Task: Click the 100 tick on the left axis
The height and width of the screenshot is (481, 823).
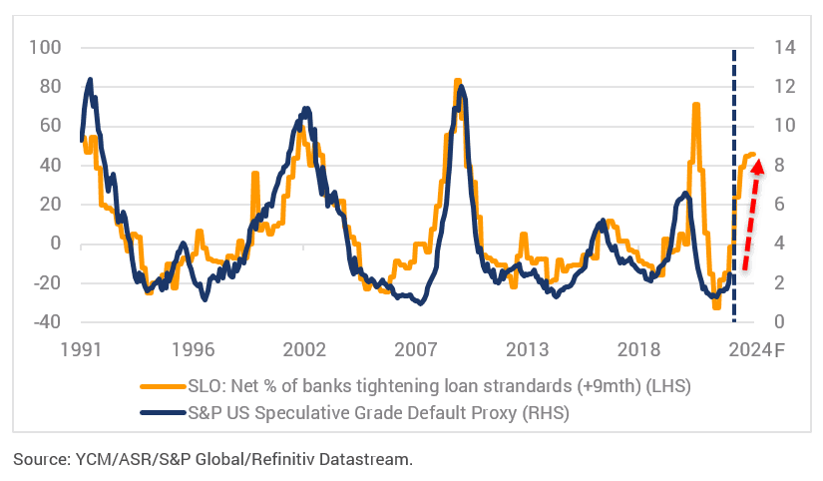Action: pos(46,47)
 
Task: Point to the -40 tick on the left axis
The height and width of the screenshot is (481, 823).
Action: pos(46,322)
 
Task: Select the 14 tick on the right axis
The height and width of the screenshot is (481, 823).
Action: pos(777,47)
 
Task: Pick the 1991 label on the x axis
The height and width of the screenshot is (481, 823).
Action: pos(81,350)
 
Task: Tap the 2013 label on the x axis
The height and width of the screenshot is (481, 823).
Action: pos(528,350)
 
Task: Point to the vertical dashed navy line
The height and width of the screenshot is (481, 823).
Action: pos(735,200)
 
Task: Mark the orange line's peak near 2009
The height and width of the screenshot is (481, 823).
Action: pos(457,81)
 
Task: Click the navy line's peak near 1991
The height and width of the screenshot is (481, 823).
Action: pos(91,79)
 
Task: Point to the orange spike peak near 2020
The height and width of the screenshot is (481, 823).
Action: pos(695,105)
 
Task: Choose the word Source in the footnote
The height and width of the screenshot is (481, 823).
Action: pos(39,459)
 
